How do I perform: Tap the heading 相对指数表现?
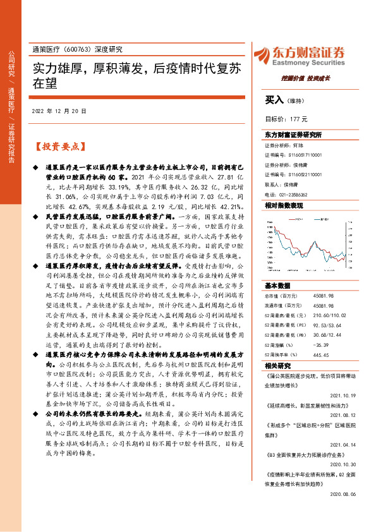pyautogui.click(x=284, y=206)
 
